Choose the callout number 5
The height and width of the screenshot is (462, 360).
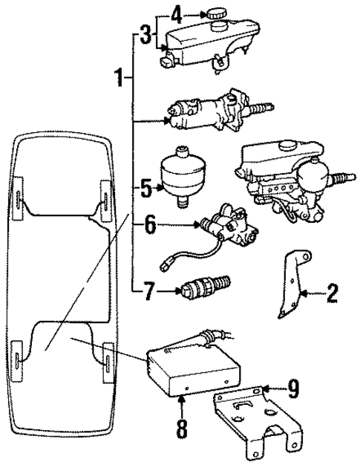pyautogui.click(x=145, y=189)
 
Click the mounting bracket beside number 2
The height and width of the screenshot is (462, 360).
pyautogui.click(x=292, y=285)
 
